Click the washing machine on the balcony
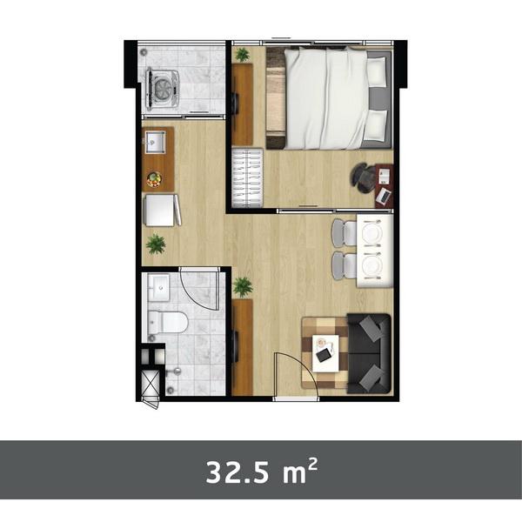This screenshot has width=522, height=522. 163,86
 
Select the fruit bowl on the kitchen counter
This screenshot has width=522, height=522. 154,179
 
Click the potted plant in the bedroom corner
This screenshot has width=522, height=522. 242,55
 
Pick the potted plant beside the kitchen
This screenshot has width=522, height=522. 156,244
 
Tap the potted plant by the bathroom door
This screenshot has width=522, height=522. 243,285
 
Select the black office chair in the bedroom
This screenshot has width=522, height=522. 364,177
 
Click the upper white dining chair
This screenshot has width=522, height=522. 345,232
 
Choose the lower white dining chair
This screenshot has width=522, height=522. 345,265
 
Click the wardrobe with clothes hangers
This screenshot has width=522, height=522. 246,178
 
